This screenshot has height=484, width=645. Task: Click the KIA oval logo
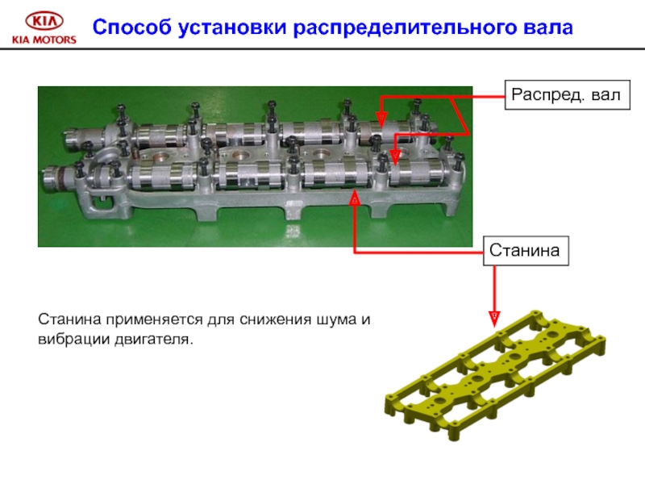pos(43,22)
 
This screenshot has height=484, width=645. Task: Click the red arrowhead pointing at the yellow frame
pos(495,317)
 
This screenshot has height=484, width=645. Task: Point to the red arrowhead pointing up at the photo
pos(353,198)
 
